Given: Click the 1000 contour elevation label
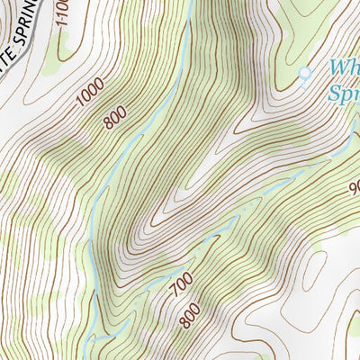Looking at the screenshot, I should (x=91, y=93).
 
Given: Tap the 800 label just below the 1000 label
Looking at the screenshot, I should (x=114, y=116).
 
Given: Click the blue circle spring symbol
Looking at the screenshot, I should (x=304, y=72).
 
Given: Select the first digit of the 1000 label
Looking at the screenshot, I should (x=80, y=103).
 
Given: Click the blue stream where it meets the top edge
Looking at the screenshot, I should (x=190, y=3).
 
